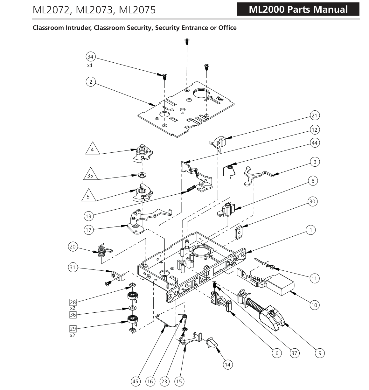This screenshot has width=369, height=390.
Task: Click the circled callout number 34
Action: [x=90, y=57]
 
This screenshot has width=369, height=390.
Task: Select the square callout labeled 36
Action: [x=73, y=315]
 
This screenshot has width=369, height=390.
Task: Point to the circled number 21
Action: [x=314, y=115]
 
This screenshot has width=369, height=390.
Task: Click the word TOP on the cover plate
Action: [x=219, y=99]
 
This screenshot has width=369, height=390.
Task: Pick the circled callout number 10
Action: [x=314, y=305]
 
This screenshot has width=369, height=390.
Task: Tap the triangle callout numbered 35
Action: [x=90, y=175]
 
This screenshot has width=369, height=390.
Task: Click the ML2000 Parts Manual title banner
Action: [x=298, y=9]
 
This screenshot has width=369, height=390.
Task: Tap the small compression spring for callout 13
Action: [x=191, y=188]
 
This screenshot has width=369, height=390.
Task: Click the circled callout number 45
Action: [x=136, y=381]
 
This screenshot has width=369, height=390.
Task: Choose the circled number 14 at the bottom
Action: [x=227, y=365]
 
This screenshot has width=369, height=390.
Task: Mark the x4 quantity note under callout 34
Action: [x=90, y=66]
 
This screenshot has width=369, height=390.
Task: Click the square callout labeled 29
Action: [x=73, y=329]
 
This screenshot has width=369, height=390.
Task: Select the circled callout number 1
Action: [x=311, y=230]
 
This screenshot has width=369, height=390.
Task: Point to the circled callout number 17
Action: [x=88, y=230]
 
